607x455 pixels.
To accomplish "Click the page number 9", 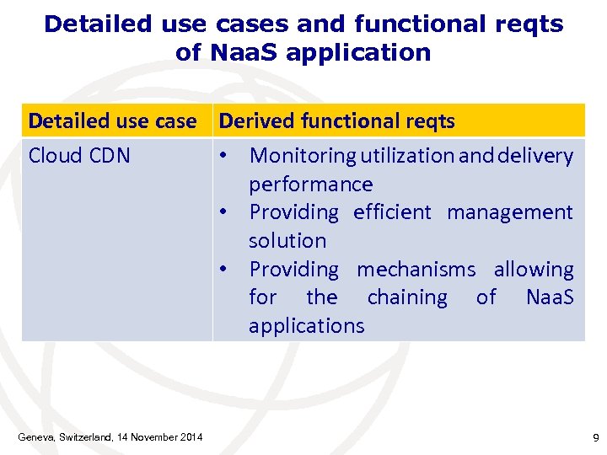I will pos(595,437).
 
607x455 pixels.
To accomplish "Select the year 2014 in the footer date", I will pos(190,437).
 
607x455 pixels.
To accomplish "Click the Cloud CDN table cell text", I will pos(79,156).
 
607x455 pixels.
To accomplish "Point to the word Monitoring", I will pos(303,156).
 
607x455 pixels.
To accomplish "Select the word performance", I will pos(310,185).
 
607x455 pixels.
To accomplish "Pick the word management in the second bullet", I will pos(509,212).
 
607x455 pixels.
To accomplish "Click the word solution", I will pos(287,241).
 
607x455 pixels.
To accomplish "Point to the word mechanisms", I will pos(416,270).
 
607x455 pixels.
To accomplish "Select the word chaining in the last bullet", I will pos(407,297).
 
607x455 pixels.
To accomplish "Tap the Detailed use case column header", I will pos(112,121).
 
